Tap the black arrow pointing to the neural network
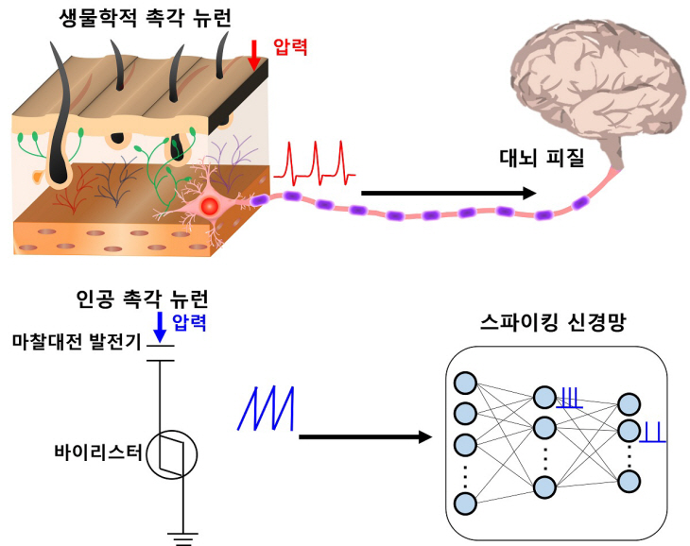pos(363,437)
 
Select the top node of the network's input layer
pos(465,384)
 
